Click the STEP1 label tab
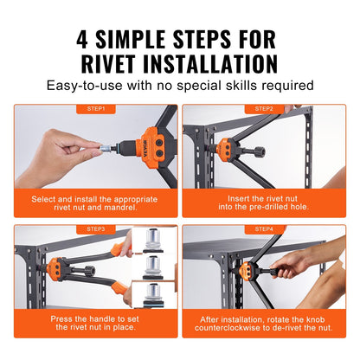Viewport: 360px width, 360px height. [x=96, y=109]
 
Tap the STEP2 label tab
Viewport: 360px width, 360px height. [x=264, y=109]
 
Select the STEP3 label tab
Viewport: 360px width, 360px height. [x=96, y=228]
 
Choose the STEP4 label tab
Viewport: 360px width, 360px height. [x=264, y=228]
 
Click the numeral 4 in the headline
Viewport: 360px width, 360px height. [x=85, y=39]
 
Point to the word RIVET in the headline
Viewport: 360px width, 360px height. [x=122, y=64]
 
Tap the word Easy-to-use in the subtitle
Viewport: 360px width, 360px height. [x=92, y=87]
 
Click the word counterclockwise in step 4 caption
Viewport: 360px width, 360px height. [x=245, y=329]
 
